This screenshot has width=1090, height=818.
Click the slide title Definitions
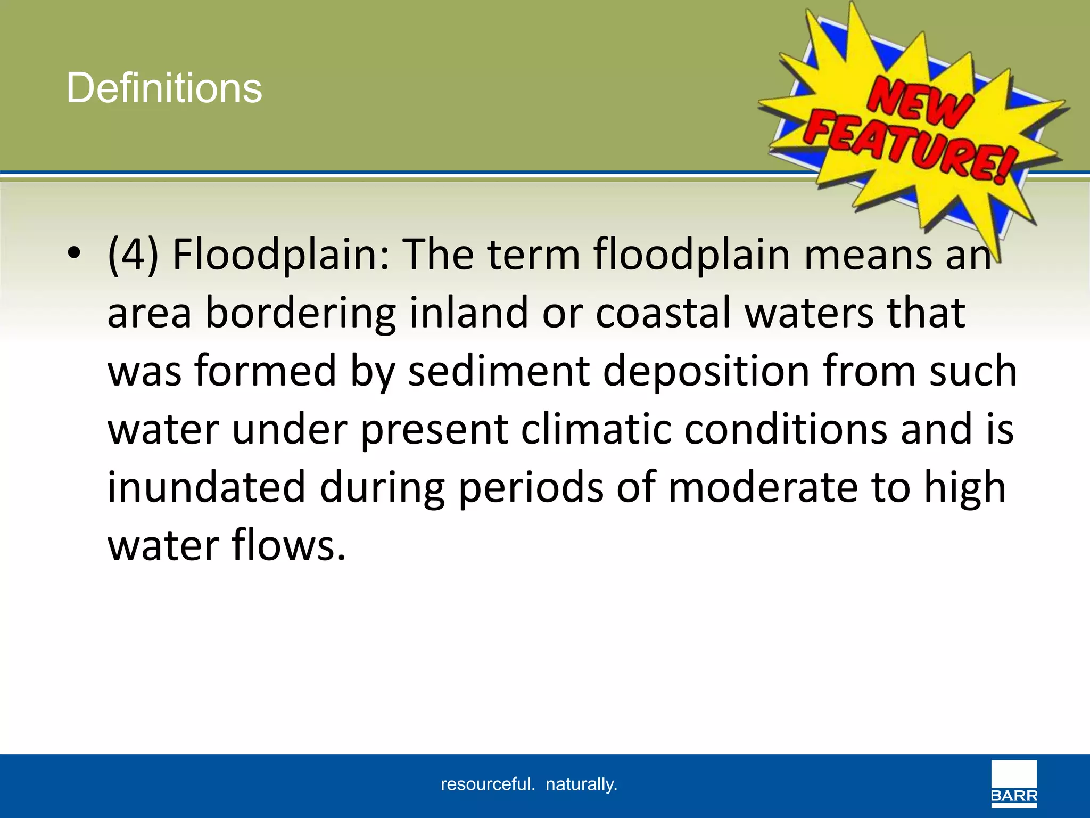(164, 88)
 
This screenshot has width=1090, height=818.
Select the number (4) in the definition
(133, 255)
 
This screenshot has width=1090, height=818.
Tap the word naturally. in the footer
(581, 784)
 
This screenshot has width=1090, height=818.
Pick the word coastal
(663, 313)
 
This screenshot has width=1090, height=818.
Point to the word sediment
(499, 371)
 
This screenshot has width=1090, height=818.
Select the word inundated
(207, 487)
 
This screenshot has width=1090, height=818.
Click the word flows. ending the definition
(288, 545)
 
